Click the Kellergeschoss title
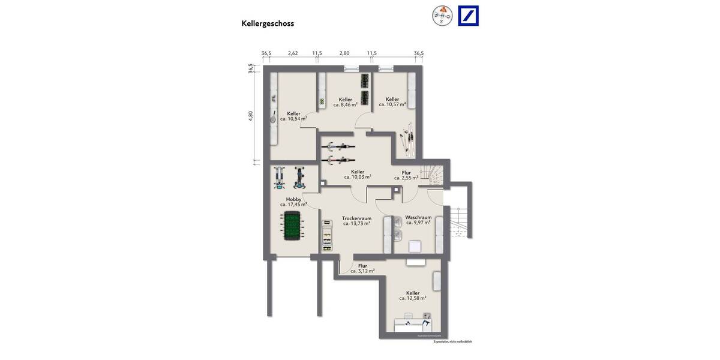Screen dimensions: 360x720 tap(268, 23)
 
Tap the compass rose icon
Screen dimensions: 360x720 tap(443, 16)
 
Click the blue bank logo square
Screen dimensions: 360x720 tap(468, 16)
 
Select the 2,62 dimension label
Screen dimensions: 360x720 tap(293, 53)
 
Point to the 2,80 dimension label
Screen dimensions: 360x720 tap(344, 53)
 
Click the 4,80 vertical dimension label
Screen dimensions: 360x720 tap(251, 116)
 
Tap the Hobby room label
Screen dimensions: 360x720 tap(293, 199)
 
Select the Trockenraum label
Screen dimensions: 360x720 tap(356, 218)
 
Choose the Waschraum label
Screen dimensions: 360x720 tap(418, 217)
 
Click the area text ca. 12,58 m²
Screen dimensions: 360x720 tap(413, 298)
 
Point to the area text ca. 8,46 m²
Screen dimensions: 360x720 tap(346, 104)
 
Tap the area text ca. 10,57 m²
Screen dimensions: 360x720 tap(392, 104)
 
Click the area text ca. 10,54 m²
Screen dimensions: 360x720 tap(293, 119)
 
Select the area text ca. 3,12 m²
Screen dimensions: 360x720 tap(362, 271)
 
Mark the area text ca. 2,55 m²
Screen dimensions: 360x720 tap(406, 178)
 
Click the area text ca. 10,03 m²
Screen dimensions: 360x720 tap(358, 177)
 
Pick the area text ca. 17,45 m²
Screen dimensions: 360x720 tap(293, 205)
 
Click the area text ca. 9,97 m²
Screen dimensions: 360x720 tap(418, 223)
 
